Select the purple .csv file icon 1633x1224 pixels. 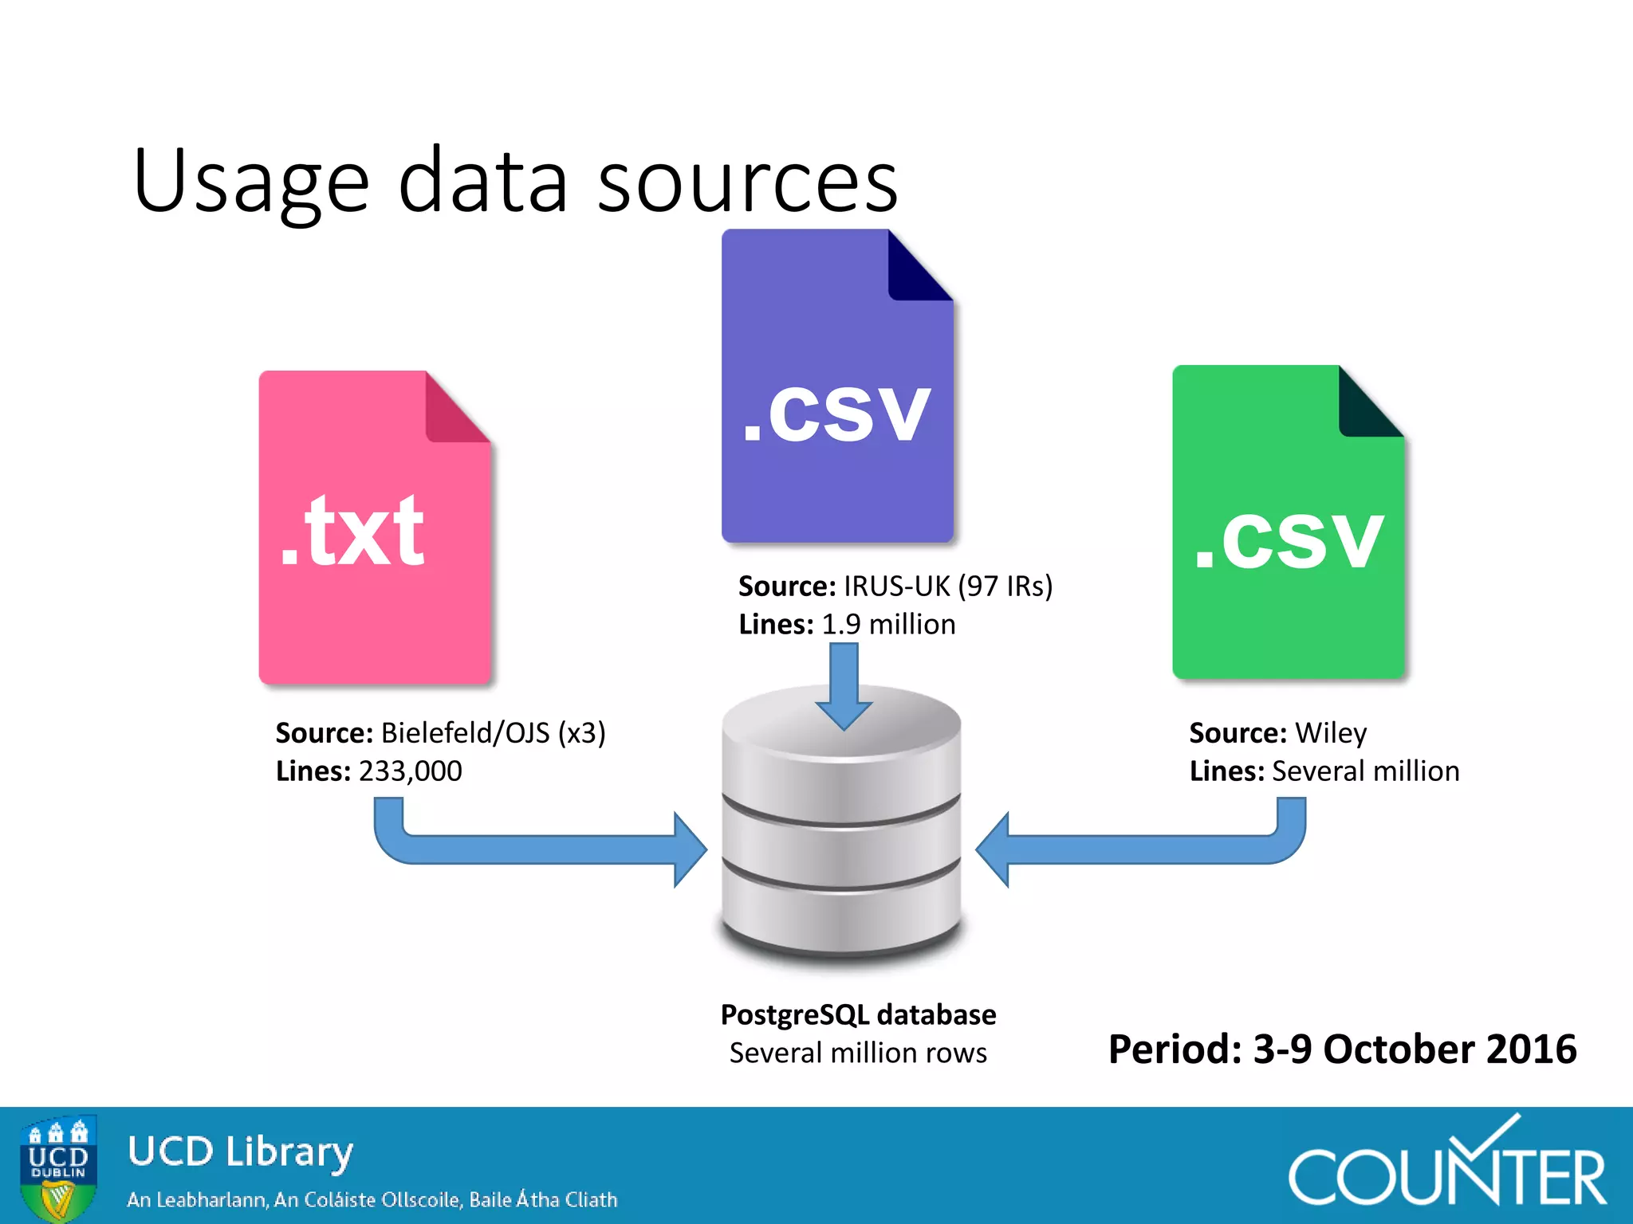pyautogui.click(x=836, y=386)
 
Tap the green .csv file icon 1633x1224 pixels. pyautogui.click(x=1287, y=523)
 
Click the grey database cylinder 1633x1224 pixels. pyautogui.click(x=841, y=829)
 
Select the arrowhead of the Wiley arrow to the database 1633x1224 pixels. pyautogui.click(x=994, y=849)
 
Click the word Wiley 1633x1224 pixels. pyautogui.click(x=1331, y=733)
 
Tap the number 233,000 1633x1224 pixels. pyautogui.click(x=410, y=771)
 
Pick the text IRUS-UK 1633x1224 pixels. pyautogui.click(x=896, y=586)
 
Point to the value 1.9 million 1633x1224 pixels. pyautogui.click(x=888, y=625)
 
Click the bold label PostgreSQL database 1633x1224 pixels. pyautogui.click(x=858, y=1015)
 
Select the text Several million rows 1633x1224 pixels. pyautogui.click(x=858, y=1053)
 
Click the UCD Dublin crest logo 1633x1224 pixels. pyautogui.click(x=58, y=1167)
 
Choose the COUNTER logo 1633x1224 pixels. pyautogui.click(x=1446, y=1167)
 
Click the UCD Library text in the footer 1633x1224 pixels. pyautogui.click(x=240, y=1152)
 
